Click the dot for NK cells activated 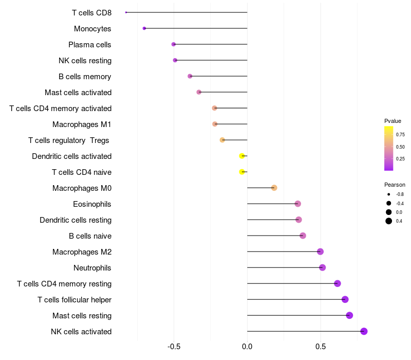pos(364,331)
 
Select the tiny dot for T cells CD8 pos(126,12)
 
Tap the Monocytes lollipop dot pos(144,28)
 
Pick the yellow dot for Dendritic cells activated pos(242,156)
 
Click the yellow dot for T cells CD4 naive pos(242,172)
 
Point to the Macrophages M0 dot pos(274,188)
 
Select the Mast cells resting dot pos(349,315)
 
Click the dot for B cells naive pos(303,236)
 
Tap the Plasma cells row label pos(89,45)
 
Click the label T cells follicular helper pos(74,300)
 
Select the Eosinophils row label pos(92,204)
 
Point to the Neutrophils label pos(92,268)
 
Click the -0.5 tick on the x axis pos(174,347)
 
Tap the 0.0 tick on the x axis pos(247,347)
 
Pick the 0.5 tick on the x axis pos(320,347)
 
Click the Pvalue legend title pos(393,121)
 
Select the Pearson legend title pos(395,185)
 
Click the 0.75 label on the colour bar pos(400,135)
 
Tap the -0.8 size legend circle pos(389,194)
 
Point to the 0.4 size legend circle pos(389,221)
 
